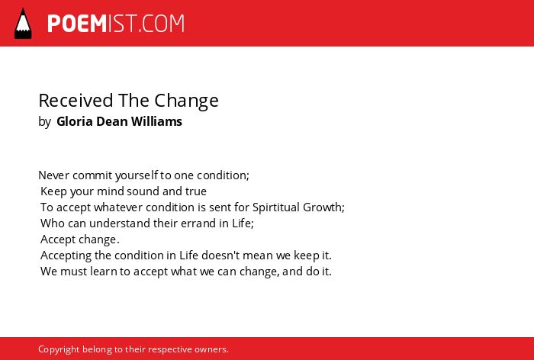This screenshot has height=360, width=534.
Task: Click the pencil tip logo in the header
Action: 23,23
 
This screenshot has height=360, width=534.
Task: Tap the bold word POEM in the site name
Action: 77,24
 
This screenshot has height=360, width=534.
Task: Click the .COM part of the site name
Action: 162,24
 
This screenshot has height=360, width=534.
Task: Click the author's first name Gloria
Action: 75,121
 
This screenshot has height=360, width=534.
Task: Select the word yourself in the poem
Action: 137,175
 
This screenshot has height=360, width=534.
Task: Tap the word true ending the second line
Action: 195,191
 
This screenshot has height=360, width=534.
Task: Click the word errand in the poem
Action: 191,223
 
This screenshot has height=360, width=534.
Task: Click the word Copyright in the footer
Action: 59,349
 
